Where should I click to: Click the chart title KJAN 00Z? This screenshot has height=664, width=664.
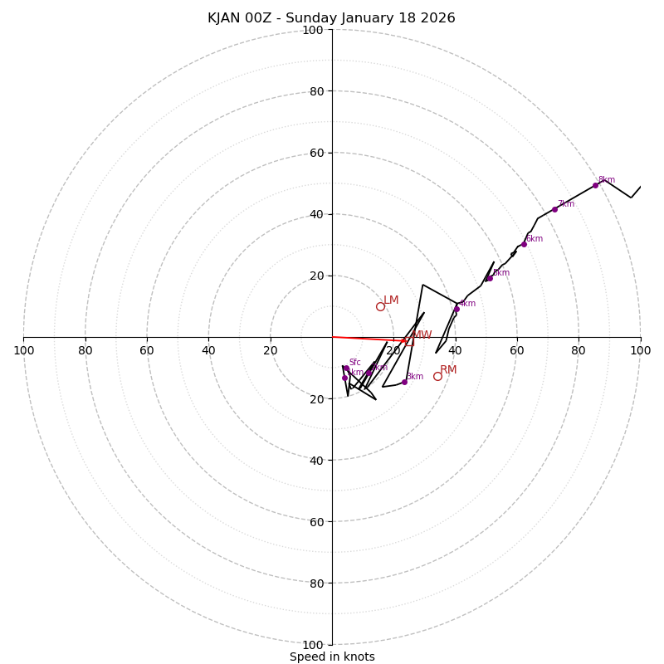click(331, 18)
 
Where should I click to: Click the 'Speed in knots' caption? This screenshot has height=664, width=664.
click(332, 657)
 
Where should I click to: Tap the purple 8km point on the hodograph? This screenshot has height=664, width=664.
click(595, 185)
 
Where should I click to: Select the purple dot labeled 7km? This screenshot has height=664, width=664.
click(554, 209)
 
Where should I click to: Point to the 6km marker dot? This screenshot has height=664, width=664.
click(524, 244)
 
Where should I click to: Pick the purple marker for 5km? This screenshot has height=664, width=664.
click(490, 278)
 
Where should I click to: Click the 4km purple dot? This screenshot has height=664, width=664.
click(456, 309)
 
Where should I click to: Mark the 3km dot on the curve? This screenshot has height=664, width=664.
click(404, 382)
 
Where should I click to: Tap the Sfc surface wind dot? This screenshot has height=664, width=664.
click(345, 368)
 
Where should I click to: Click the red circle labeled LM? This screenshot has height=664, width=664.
click(380, 306)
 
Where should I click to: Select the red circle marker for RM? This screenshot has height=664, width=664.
click(437, 376)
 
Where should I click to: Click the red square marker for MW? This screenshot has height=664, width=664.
click(409, 340)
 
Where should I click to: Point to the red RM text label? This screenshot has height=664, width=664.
click(448, 369)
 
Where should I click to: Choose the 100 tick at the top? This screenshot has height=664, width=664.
click(312, 30)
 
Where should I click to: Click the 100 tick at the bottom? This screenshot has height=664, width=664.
click(312, 645)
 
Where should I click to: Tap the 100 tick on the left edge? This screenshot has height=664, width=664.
click(23, 350)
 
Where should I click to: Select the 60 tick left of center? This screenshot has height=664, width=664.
click(147, 350)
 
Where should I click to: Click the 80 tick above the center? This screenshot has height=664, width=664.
click(315, 91)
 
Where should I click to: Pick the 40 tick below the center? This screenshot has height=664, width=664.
click(315, 460)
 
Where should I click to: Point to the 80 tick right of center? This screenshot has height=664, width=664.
click(579, 350)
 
